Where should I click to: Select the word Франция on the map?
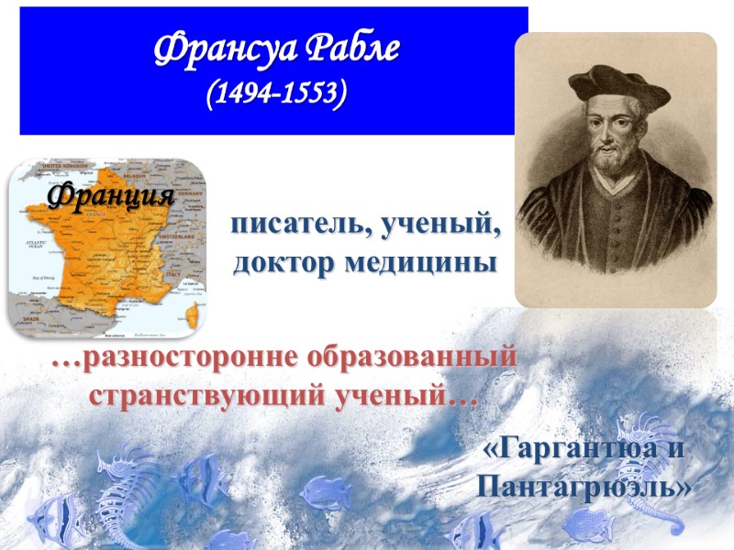pos(110,195)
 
